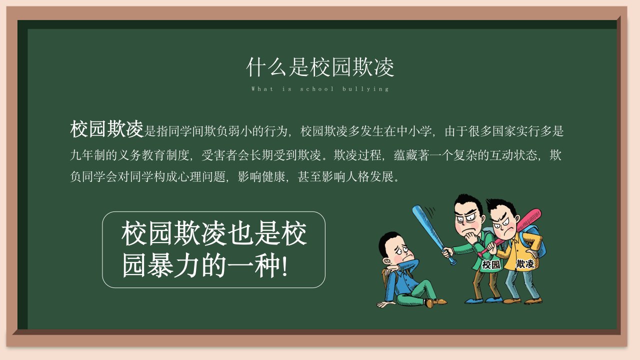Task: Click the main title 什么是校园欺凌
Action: (320, 67)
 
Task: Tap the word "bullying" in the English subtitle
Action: (365, 89)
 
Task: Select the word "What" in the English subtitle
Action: (262, 89)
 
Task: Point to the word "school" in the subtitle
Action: (317, 89)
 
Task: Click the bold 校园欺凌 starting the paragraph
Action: (106, 129)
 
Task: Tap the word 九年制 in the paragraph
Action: (87, 155)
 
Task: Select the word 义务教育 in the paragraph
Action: (141, 155)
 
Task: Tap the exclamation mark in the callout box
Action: (284, 265)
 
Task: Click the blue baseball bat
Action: (433, 234)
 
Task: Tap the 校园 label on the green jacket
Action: (491, 264)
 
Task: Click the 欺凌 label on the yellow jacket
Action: (524, 263)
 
